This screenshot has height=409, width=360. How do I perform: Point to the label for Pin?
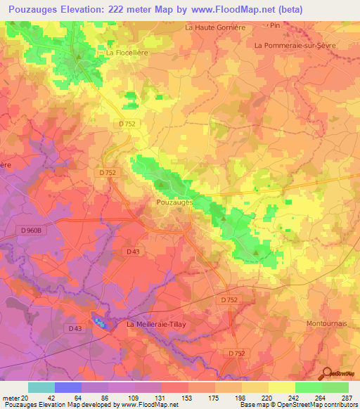coord(274,25)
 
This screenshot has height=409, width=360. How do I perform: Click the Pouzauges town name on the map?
coord(172,201)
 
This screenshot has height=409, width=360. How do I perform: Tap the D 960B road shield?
coord(31,230)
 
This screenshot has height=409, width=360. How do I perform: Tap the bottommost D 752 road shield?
coord(237,353)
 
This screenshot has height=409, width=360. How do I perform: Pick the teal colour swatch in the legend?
coord(41,387)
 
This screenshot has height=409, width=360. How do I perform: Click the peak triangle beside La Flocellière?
coord(78,56)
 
